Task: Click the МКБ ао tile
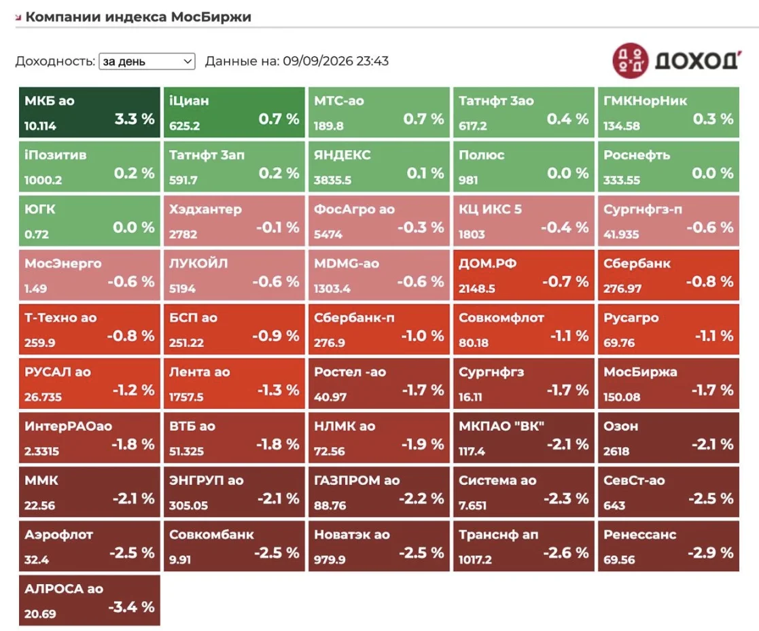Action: [90, 112]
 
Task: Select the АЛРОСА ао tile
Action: [90, 600]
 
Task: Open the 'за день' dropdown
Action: [147, 61]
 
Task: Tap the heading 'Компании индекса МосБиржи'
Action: [139, 17]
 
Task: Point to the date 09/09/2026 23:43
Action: [336, 61]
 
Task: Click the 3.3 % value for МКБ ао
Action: [135, 119]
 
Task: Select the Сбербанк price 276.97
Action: [622, 289]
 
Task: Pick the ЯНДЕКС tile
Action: [379, 166]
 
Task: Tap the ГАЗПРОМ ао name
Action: [357, 480]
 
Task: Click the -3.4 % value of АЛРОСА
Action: [131, 607]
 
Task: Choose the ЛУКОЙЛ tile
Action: [234, 275]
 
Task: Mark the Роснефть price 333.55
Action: [622, 180]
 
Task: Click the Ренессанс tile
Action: [669, 546]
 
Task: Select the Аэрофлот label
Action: [58, 535]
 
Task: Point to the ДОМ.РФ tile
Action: [524, 275]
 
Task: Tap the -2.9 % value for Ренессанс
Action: [711, 553]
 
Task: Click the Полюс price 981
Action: [468, 180]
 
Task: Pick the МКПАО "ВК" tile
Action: [524, 437]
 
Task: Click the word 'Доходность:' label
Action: [55, 61]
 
